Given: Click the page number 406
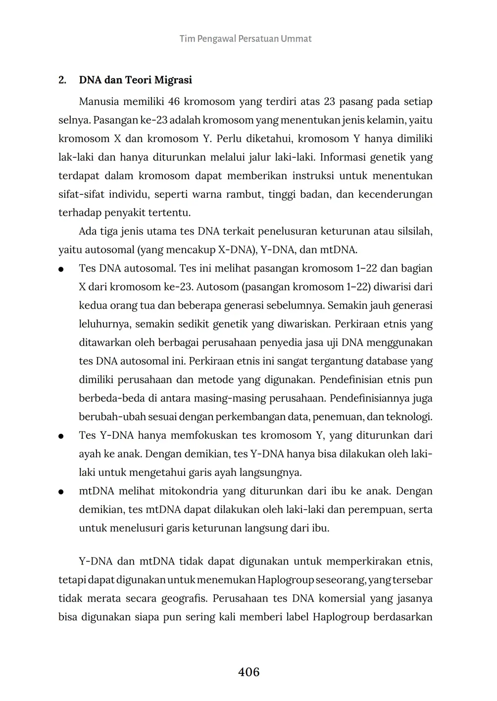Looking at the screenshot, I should pos(248,672).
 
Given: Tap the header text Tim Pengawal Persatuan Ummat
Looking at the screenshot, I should pos(246,39).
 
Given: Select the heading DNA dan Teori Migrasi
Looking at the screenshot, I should pos(135,80).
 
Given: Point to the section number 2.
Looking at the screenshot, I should pos(62,80).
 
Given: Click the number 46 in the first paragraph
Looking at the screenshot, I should pos(173,102).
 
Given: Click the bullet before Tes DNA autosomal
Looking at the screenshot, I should pos(61,270).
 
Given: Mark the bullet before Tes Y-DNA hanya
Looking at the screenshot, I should pos(61,436).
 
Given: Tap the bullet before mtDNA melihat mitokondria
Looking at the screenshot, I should pos(61,492).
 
